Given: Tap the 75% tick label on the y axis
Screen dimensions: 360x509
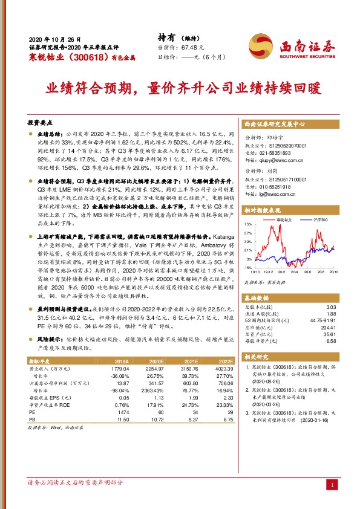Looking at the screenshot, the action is (248, 224).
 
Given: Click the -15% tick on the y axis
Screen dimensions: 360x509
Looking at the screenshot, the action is (247, 267).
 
